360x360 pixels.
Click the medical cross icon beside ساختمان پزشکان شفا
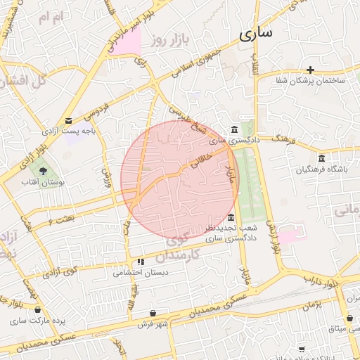(310, 70)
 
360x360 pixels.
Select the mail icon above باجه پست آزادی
(68, 120)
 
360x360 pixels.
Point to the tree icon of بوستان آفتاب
(44, 170)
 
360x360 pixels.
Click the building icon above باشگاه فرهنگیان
(322, 157)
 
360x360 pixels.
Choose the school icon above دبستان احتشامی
(141, 262)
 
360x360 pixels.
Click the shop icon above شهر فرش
(153, 313)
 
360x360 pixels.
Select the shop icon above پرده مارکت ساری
(37, 309)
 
